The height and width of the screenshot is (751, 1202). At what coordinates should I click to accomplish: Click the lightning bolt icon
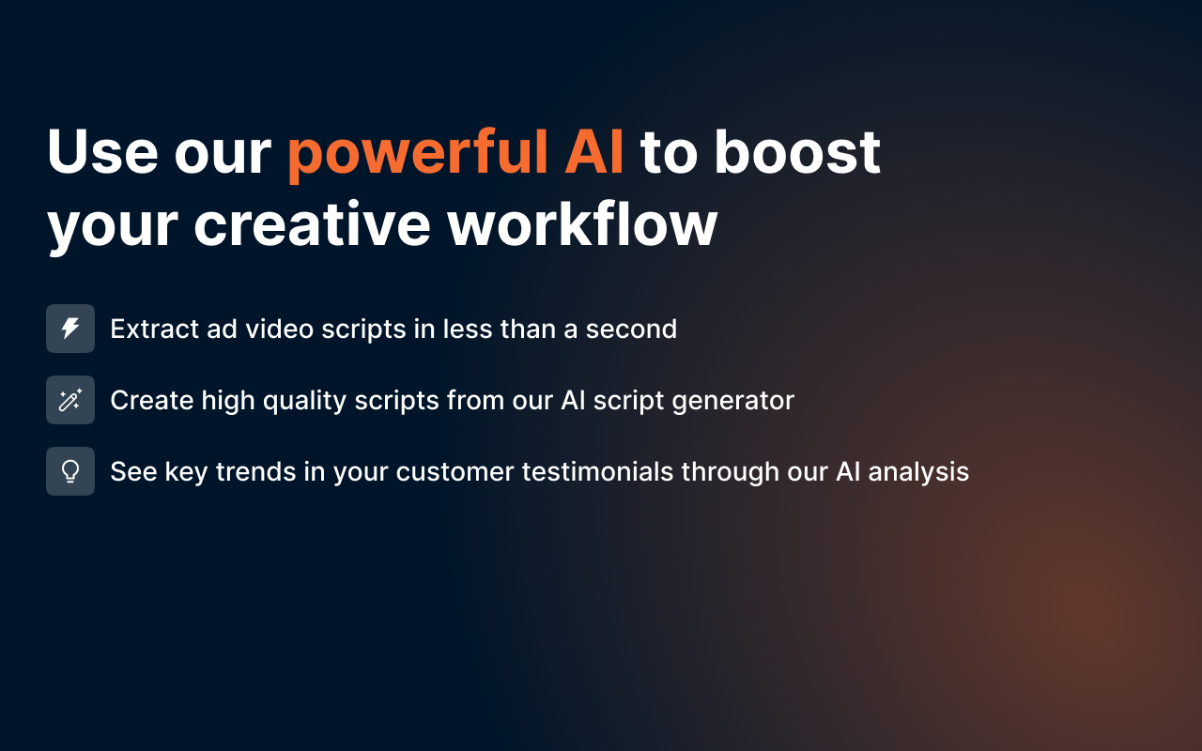coord(70,329)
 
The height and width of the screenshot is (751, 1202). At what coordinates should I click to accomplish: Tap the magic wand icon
coord(70,400)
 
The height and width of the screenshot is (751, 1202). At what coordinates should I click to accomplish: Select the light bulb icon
coord(70,471)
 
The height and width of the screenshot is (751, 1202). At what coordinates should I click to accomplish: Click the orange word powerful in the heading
coord(417,153)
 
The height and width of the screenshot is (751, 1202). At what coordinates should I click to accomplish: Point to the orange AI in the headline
coord(593,152)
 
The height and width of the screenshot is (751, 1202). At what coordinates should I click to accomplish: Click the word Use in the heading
coord(102,152)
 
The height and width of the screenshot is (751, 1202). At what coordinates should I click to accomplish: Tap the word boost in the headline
coord(797,152)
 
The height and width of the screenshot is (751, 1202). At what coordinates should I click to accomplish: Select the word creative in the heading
coord(313,224)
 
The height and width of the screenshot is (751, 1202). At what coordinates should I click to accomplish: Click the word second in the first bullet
coord(631,329)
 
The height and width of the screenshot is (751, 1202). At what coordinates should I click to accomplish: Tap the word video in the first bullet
coord(280,329)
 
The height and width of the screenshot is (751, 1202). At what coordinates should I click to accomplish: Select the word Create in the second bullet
coord(152,400)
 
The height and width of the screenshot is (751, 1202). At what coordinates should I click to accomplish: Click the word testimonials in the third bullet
coord(597,472)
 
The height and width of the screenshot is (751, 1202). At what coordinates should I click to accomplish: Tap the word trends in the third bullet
coord(256,472)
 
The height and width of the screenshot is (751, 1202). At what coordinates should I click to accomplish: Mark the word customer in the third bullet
coord(455,472)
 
